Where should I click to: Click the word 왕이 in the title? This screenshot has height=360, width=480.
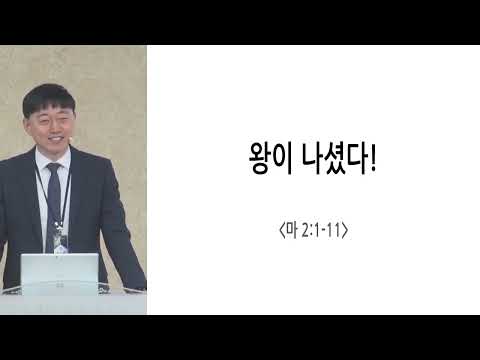tap(271, 158)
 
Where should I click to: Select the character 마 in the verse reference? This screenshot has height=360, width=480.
tap(292, 230)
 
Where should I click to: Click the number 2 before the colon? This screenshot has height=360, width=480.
tap(305, 231)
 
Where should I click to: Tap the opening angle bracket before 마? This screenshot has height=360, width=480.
tap(282, 231)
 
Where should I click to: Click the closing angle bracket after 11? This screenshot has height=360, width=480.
tap(345, 231)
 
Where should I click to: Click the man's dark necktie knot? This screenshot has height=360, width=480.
tap(54, 167)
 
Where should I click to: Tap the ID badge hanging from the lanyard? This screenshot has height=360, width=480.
tap(62, 243)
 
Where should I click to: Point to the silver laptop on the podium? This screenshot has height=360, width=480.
tap(60, 273)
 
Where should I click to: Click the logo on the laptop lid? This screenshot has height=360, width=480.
tap(60, 285)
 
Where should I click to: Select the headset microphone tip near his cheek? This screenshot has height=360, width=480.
tap(70, 136)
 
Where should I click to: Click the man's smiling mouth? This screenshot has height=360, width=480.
tap(55, 137)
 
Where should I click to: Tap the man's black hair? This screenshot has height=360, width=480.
tap(48, 97)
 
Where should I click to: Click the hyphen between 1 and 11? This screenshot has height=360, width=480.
tap(324, 232)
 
